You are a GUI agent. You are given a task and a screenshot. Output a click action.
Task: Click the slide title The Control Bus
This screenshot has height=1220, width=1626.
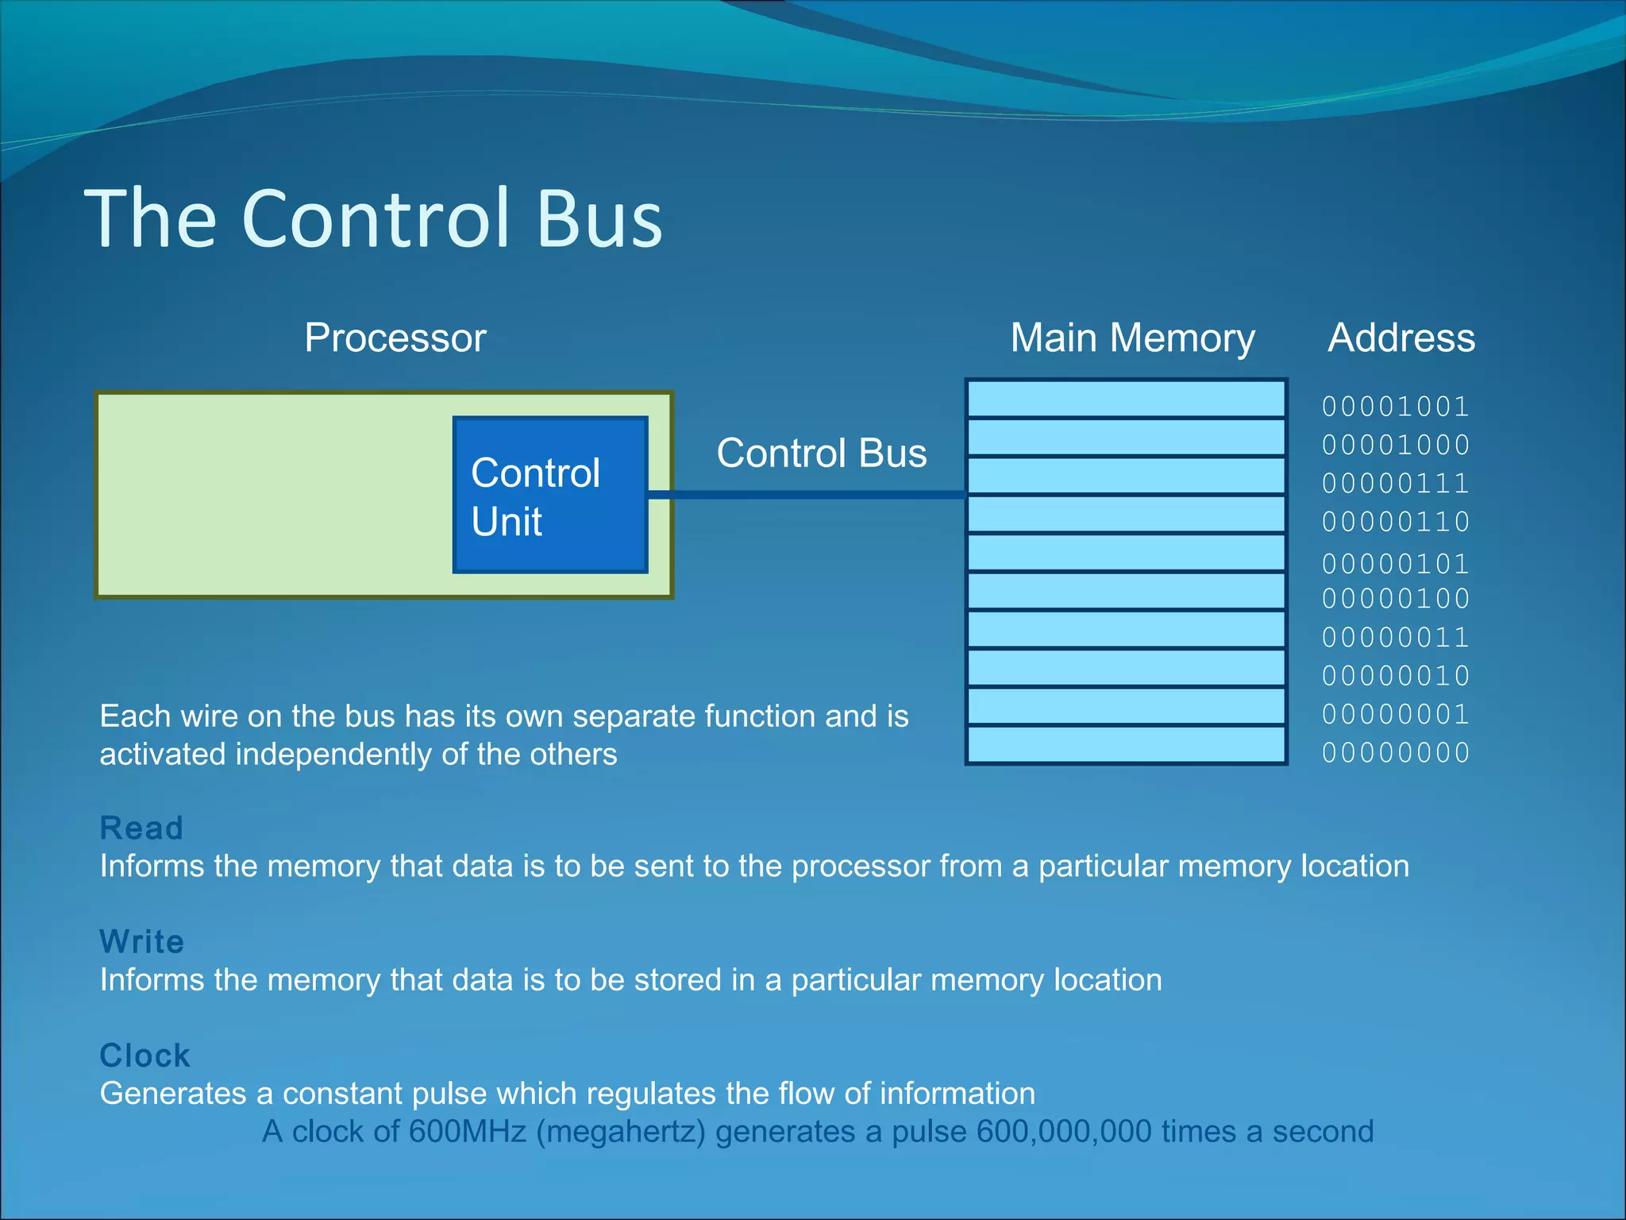coord(373,218)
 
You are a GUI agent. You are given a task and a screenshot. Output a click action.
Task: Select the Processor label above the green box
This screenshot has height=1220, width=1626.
coord(395,338)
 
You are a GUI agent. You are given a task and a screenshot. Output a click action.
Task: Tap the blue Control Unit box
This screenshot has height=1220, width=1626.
coord(550,495)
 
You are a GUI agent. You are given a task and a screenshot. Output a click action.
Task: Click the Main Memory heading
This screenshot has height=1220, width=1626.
coord(1132,338)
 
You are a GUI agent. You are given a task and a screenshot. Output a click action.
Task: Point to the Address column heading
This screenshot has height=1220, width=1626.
coord(1401,338)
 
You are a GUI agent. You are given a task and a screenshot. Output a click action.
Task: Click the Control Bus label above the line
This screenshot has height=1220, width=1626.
coord(822,454)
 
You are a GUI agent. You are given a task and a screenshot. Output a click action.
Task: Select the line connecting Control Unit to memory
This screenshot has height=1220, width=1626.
coord(806,495)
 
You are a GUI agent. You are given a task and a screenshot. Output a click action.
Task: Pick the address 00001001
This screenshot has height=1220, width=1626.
coord(1395,407)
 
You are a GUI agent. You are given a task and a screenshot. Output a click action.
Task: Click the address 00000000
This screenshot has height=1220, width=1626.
coord(1395,752)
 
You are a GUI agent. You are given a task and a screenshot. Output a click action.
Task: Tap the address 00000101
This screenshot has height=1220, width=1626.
coord(1395,564)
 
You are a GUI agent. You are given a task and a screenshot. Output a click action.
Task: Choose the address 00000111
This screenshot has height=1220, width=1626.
coord(1395,483)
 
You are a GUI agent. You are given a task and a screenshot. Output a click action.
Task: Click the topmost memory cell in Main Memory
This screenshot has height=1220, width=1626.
coord(1126,399)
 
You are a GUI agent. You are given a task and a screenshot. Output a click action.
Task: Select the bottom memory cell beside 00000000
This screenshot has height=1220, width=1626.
coord(1126,745)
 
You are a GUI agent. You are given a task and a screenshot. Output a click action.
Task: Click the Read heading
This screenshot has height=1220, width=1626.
coord(141,828)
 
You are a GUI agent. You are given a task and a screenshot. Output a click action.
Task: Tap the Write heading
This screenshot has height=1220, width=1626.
coord(141,942)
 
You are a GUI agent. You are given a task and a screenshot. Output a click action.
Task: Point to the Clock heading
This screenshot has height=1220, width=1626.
coord(144,1056)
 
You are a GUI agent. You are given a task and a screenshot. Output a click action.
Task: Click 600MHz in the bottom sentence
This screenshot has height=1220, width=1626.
coord(467,1132)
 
